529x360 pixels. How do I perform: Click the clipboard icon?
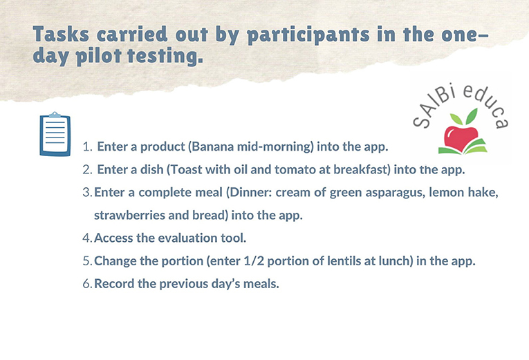55,134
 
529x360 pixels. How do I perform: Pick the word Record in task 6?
114,284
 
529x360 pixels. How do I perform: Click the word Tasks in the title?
61,34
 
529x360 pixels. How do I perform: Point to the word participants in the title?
308,36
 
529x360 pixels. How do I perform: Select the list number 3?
87,193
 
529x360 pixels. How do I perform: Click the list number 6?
87,284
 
